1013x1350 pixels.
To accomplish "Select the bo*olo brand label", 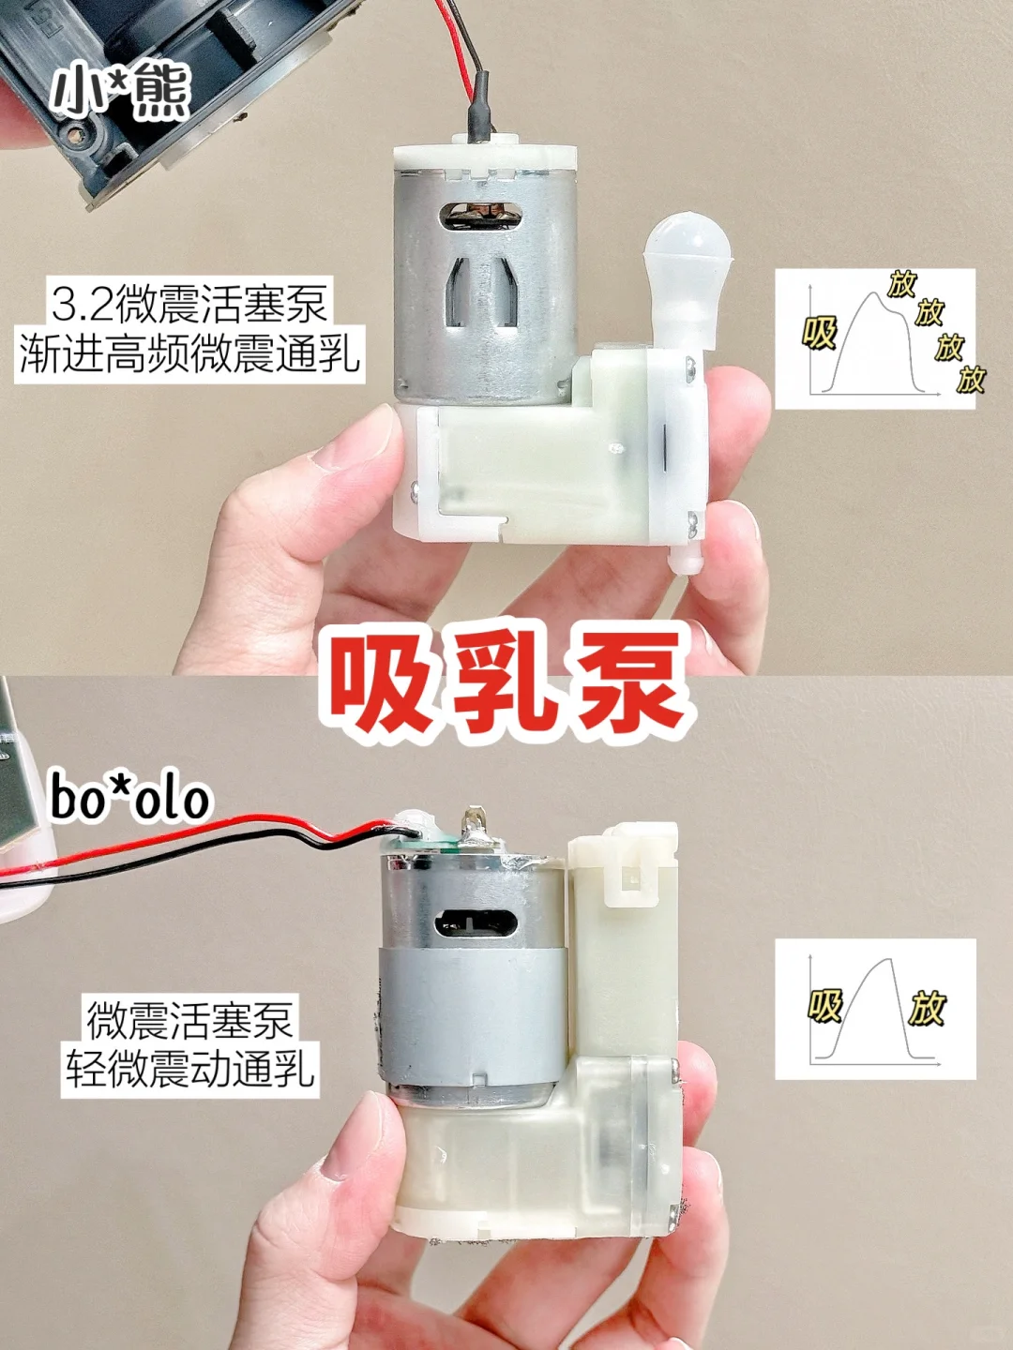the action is click(129, 799).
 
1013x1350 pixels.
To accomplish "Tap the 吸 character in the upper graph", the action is click(820, 333).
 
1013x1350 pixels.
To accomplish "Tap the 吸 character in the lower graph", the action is click(825, 1007).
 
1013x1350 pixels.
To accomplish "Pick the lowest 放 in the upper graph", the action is click(971, 378).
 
